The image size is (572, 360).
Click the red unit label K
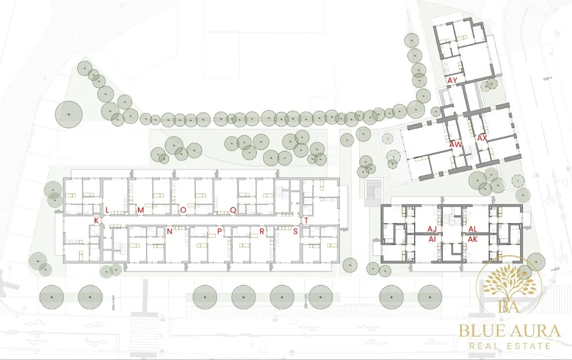coord(96,220)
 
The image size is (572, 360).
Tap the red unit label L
coord(107,210)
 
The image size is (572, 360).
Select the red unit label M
coord(140,210)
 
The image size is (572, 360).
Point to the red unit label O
coord(183,210)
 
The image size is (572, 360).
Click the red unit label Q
coord(233,210)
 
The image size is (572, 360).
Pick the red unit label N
coord(169,231)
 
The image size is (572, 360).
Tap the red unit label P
coord(219,231)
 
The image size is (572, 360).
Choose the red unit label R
coord(262,231)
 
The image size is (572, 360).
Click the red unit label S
coord(296,231)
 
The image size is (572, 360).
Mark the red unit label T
coord(306,220)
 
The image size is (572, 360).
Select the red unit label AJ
coord(432,229)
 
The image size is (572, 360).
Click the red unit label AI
coord(432,239)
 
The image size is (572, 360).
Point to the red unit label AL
coord(473,229)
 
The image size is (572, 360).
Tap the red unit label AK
coord(473,239)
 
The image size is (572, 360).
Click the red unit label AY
coord(453,80)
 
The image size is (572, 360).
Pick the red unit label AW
coord(455,144)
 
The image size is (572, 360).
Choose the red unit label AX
coord(482,138)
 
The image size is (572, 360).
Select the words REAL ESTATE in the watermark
coord(510,346)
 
